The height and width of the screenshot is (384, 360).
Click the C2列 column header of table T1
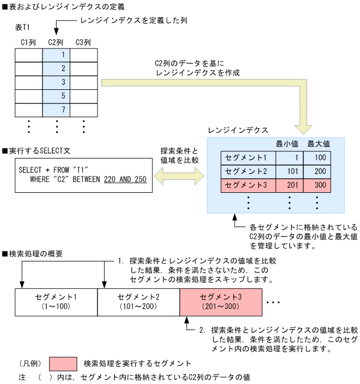[x=56, y=42]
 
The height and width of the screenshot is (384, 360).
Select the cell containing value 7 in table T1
[x=56, y=109]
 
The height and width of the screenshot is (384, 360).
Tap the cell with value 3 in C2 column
[x=56, y=82]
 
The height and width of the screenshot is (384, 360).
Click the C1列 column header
[x=29, y=42]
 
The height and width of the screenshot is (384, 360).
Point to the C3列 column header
[x=83, y=42]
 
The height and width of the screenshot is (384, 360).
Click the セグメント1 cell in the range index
[x=248, y=158]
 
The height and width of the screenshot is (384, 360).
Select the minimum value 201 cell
[x=289, y=185]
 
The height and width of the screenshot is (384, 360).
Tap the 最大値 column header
[x=318, y=144]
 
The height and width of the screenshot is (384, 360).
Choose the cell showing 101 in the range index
[x=289, y=172]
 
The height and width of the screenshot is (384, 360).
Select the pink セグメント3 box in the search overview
[x=221, y=302]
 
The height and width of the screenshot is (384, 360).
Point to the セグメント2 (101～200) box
[x=138, y=302]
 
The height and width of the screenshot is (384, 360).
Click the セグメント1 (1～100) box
[x=56, y=302]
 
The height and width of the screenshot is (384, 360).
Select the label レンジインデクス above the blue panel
[x=238, y=131]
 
